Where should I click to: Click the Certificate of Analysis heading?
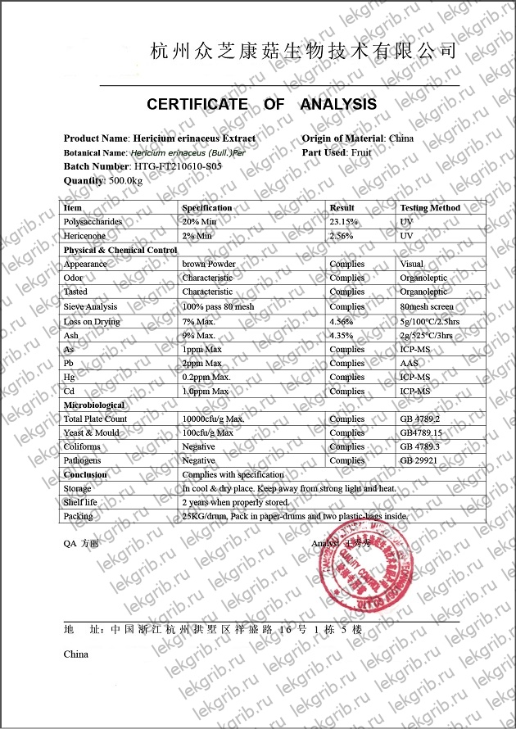pyautogui.click(x=261, y=104)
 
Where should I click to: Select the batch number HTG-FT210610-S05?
pyautogui.click(x=177, y=166)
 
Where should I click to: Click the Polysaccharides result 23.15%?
pyautogui.click(x=345, y=222)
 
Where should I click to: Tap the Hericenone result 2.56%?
pyautogui.click(x=343, y=236)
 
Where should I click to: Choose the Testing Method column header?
pyautogui.click(x=430, y=208)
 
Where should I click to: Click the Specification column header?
pyautogui.click(x=206, y=208)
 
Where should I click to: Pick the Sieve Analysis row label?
pyautogui.click(x=90, y=306)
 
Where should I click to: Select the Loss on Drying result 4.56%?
pyautogui.click(x=342, y=321)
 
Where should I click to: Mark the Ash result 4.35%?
pyautogui.click(x=342, y=335)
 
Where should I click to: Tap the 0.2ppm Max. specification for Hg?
pyautogui.click(x=206, y=378)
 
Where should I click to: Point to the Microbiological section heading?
pyautogui.click(x=94, y=405)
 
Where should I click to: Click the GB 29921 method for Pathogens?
pyautogui.click(x=419, y=461)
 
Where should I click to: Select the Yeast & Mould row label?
pyautogui.click(x=91, y=432)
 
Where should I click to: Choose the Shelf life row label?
pyautogui.click(x=80, y=502)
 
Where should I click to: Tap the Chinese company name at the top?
pyautogui.click(x=303, y=51)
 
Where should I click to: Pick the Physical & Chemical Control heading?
pyautogui.click(x=120, y=250)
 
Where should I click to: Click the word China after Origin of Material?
pyautogui.click(x=401, y=138)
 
